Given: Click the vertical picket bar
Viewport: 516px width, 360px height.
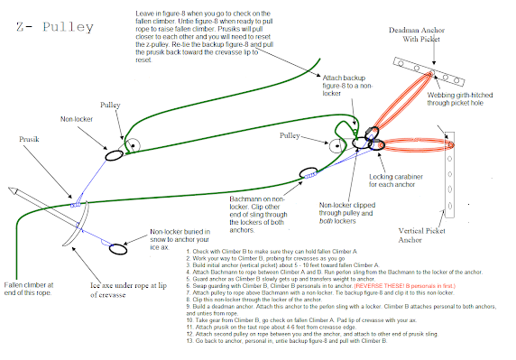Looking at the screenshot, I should coord(457,171).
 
